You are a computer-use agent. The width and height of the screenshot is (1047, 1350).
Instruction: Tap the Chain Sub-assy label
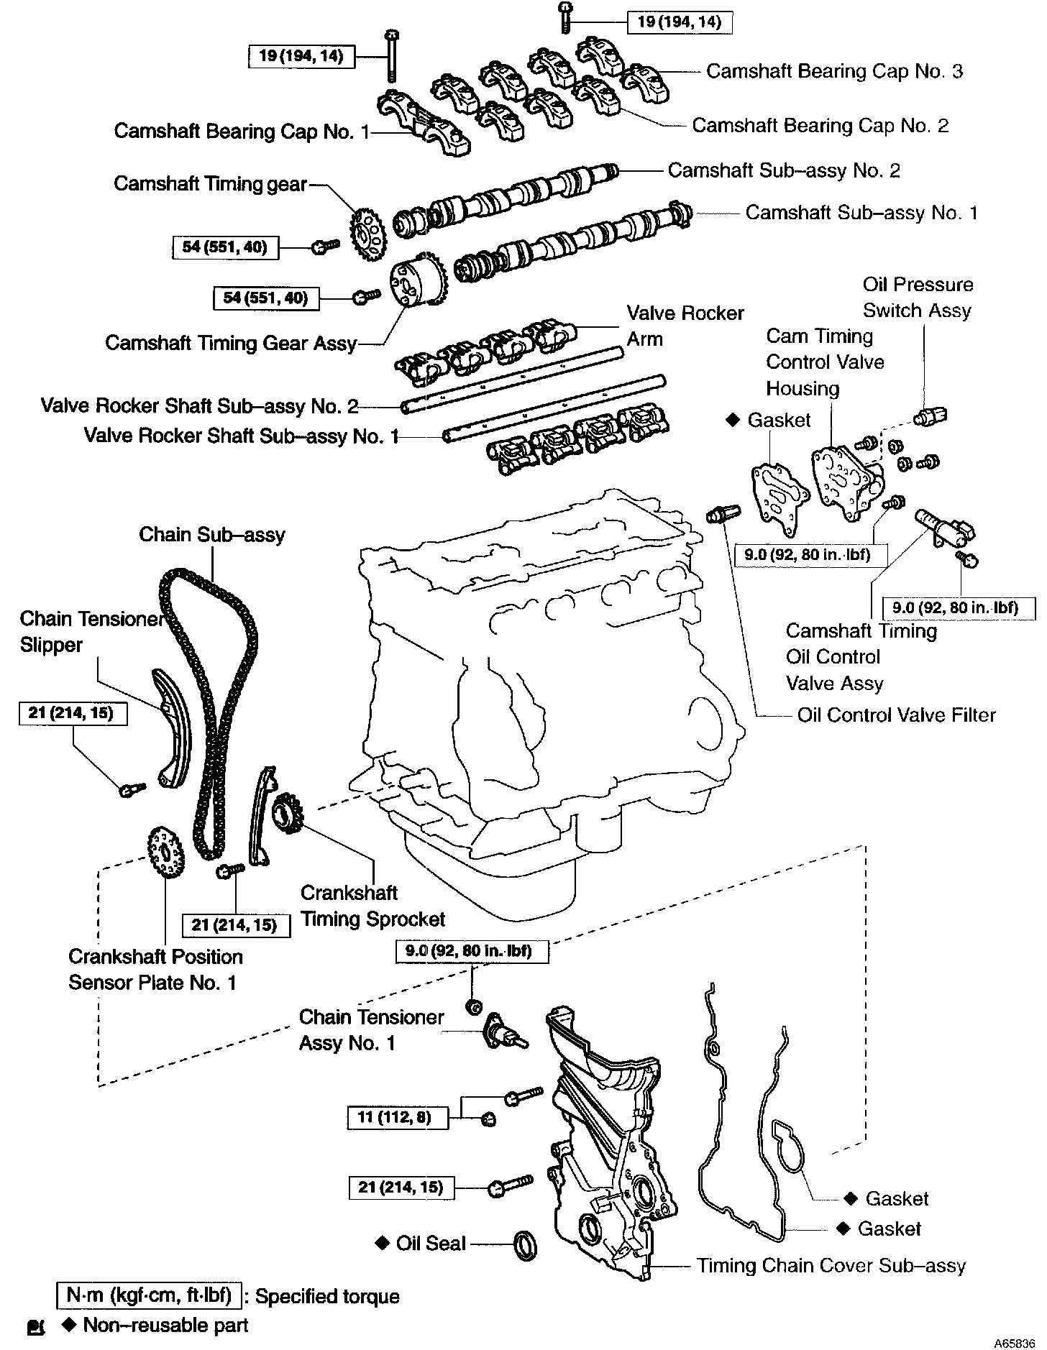[x=212, y=535]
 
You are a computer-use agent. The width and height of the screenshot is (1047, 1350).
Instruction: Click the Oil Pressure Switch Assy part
[x=931, y=415]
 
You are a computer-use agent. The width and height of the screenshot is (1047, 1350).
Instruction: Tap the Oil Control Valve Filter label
[x=896, y=715]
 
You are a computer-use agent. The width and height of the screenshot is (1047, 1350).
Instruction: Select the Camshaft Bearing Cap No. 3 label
[x=834, y=71]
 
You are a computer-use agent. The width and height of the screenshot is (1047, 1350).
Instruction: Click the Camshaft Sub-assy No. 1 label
[x=861, y=213]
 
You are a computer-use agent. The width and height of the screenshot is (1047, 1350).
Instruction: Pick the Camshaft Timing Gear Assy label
[x=231, y=343]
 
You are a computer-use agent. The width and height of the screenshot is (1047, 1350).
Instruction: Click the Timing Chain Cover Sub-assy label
[x=831, y=1266]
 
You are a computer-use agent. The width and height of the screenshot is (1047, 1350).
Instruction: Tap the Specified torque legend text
[x=327, y=1296]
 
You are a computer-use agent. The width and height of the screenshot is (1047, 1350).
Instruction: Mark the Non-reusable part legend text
[x=165, y=1325]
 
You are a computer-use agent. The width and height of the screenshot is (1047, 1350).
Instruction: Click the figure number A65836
[x=1014, y=1342]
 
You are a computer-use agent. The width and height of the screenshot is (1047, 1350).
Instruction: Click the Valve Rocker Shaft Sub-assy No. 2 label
[x=199, y=406]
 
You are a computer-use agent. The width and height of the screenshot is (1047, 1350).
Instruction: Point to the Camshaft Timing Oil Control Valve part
[x=943, y=528]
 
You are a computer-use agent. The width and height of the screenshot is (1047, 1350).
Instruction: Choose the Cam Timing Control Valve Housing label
[x=825, y=362]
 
